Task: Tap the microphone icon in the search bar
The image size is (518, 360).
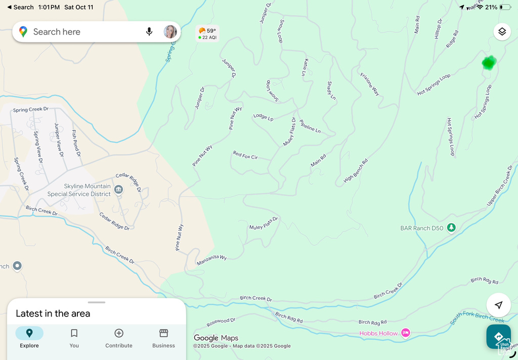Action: [x=149, y=32]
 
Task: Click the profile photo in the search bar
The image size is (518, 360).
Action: [x=170, y=32]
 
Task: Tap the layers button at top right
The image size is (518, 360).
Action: [x=501, y=32]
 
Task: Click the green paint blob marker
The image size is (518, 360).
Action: [x=489, y=62]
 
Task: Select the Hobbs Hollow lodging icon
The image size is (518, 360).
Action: [x=405, y=333]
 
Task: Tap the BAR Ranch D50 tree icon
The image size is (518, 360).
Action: [x=451, y=228]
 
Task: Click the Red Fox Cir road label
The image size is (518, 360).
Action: [x=245, y=155]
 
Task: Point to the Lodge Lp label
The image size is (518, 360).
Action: [x=263, y=117]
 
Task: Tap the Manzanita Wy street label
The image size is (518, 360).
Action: [x=211, y=258]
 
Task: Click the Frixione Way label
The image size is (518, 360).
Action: [x=370, y=84]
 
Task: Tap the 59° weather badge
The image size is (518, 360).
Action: [x=207, y=33]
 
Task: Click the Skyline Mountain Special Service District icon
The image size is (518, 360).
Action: [x=118, y=190]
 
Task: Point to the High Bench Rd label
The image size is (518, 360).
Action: [x=356, y=171]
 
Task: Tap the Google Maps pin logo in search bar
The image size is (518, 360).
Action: [x=23, y=32]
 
